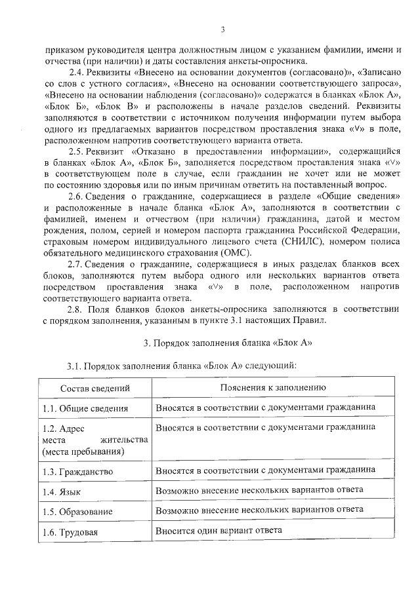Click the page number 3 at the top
(222, 29)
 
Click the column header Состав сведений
(95, 388)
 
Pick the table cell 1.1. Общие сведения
(85, 408)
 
